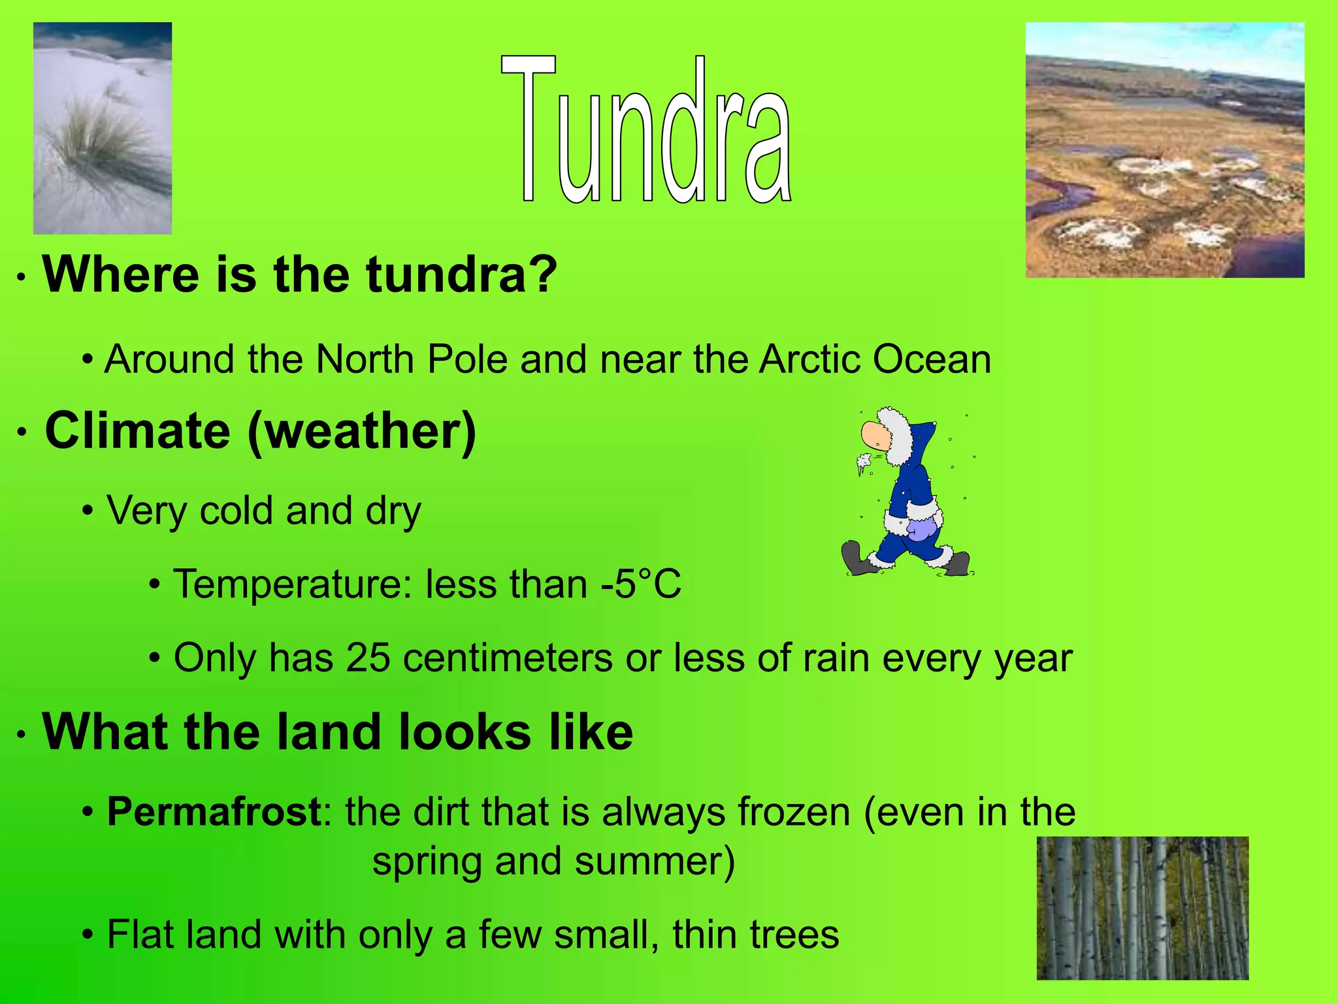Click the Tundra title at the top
(x=647, y=131)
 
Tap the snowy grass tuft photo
(x=103, y=128)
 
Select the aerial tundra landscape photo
(x=1165, y=150)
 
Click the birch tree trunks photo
(x=1142, y=908)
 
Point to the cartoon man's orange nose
(x=873, y=434)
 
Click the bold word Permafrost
(x=214, y=812)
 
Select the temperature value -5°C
(x=641, y=584)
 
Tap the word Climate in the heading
(x=137, y=431)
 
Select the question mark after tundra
(x=544, y=275)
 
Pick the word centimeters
(x=508, y=658)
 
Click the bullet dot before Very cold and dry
(x=88, y=510)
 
